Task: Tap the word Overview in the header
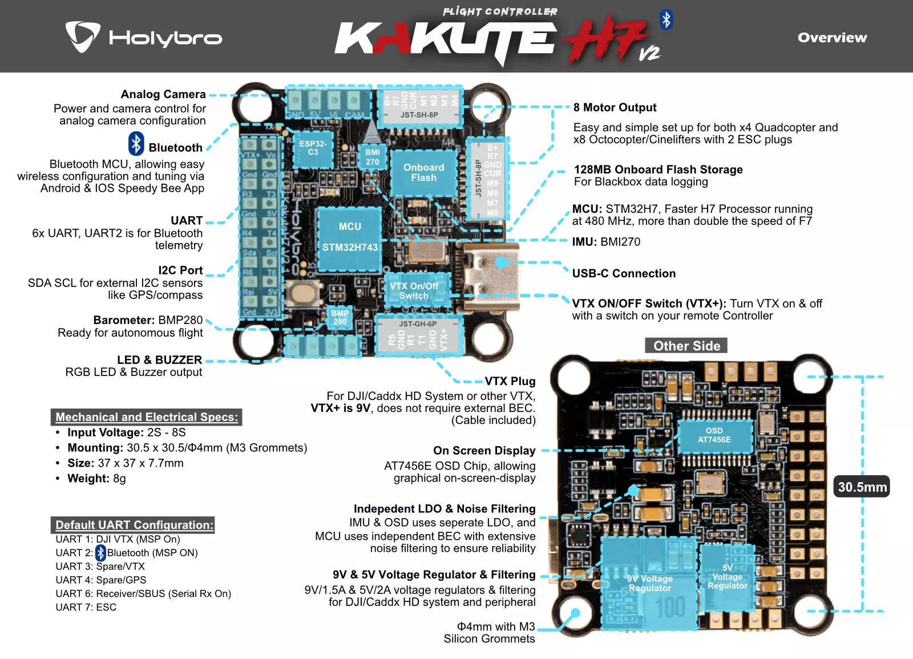pyautogui.click(x=832, y=38)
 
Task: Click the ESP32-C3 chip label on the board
pyautogui.click(x=313, y=148)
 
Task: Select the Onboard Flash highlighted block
pyautogui.click(x=423, y=172)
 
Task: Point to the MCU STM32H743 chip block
pyautogui.click(x=349, y=237)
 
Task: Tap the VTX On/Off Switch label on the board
pyautogui.click(x=414, y=290)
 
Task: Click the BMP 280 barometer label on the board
pyautogui.click(x=340, y=317)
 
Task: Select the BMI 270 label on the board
pyautogui.click(x=372, y=157)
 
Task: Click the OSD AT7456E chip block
pyautogui.click(x=714, y=435)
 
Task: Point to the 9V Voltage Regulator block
pyautogui.click(x=649, y=583)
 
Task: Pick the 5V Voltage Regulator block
pyautogui.click(x=727, y=577)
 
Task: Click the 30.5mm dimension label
pyautogui.click(x=862, y=487)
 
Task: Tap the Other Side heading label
pyautogui.click(x=686, y=346)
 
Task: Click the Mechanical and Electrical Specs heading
pyautogui.click(x=147, y=417)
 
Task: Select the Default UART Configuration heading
pyautogui.click(x=134, y=525)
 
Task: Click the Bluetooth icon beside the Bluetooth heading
pyautogui.click(x=136, y=144)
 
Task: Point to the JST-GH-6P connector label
pyautogui.click(x=418, y=324)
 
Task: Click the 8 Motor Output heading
pyautogui.click(x=615, y=107)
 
